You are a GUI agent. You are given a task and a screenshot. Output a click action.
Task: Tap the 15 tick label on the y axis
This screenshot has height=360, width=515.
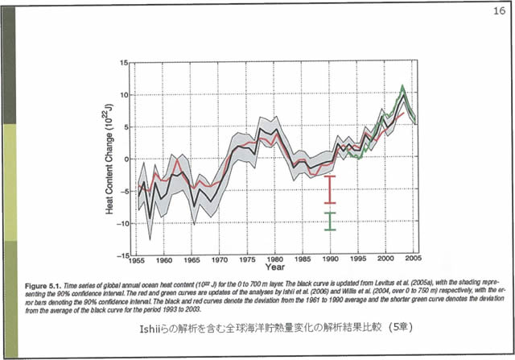pyautogui.click(x=124, y=62)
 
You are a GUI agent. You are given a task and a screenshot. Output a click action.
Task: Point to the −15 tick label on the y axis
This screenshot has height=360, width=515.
pyautogui.click(x=122, y=255)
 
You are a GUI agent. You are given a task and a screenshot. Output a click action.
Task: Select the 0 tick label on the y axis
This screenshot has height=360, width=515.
pyautogui.click(x=126, y=159)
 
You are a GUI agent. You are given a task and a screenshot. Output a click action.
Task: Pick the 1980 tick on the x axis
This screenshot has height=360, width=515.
pyautogui.click(x=276, y=262)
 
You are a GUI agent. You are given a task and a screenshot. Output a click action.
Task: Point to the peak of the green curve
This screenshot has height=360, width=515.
pyautogui.click(x=402, y=87)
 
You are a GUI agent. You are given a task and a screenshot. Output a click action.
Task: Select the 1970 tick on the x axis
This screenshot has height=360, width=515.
pyautogui.click(x=220, y=262)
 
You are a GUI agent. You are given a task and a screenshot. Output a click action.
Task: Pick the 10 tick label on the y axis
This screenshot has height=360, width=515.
pyautogui.click(x=124, y=94)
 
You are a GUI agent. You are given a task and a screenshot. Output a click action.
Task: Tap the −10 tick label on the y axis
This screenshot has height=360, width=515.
pyautogui.click(x=122, y=223)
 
